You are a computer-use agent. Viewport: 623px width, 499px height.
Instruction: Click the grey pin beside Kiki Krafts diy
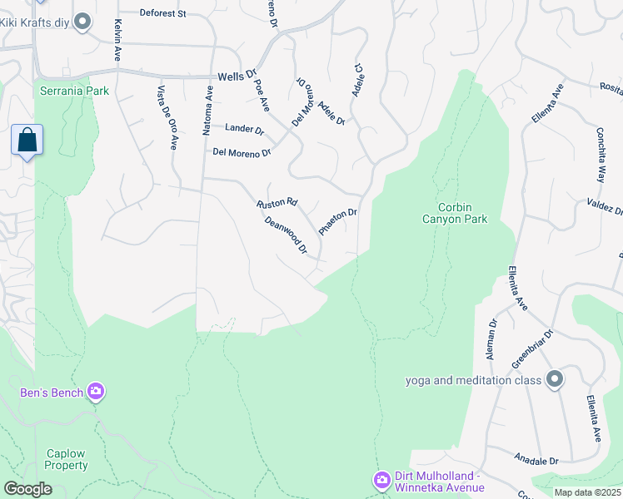coord(82,22)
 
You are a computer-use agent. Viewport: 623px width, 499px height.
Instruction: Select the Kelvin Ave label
coord(118,41)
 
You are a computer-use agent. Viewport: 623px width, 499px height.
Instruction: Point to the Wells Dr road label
coord(235,77)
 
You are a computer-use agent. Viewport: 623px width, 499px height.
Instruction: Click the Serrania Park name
coord(73,91)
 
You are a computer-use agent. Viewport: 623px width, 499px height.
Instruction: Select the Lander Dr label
coord(244,130)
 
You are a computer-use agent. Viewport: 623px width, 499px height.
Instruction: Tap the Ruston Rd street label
coord(277,203)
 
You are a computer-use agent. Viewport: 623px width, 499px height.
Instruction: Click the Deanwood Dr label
coord(286,235)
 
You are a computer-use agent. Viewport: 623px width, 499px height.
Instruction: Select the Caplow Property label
coord(66,459)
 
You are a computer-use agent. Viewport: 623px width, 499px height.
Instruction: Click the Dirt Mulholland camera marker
coord(381,480)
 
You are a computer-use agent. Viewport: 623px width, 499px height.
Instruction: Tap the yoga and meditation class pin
coord(556,381)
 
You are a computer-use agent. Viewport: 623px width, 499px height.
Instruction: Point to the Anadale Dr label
coord(536,460)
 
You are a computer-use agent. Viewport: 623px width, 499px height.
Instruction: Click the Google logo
coord(27,489)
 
